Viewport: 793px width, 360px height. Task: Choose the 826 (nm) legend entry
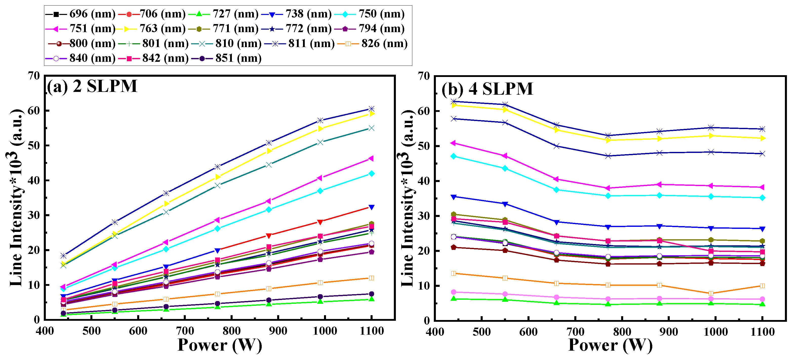(x=373, y=44)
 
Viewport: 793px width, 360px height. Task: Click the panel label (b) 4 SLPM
(x=487, y=89)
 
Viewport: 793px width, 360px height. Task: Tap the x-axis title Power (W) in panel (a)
(x=220, y=345)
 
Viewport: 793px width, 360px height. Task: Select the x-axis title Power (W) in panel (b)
(x=610, y=345)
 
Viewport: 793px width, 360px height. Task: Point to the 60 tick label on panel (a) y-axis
(x=34, y=111)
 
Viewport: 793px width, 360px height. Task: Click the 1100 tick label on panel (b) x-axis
(x=762, y=332)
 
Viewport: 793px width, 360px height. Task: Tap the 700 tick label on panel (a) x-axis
(x=185, y=331)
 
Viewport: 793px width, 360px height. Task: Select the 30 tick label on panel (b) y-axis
(x=424, y=216)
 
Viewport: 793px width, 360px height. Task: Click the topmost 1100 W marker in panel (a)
(x=372, y=109)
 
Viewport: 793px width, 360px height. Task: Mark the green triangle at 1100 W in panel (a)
(x=372, y=299)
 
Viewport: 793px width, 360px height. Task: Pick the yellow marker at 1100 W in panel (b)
(x=762, y=138)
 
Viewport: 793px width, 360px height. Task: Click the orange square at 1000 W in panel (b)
(x=711, y=293)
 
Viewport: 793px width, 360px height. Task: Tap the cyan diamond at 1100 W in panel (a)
(x=372, y=174)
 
